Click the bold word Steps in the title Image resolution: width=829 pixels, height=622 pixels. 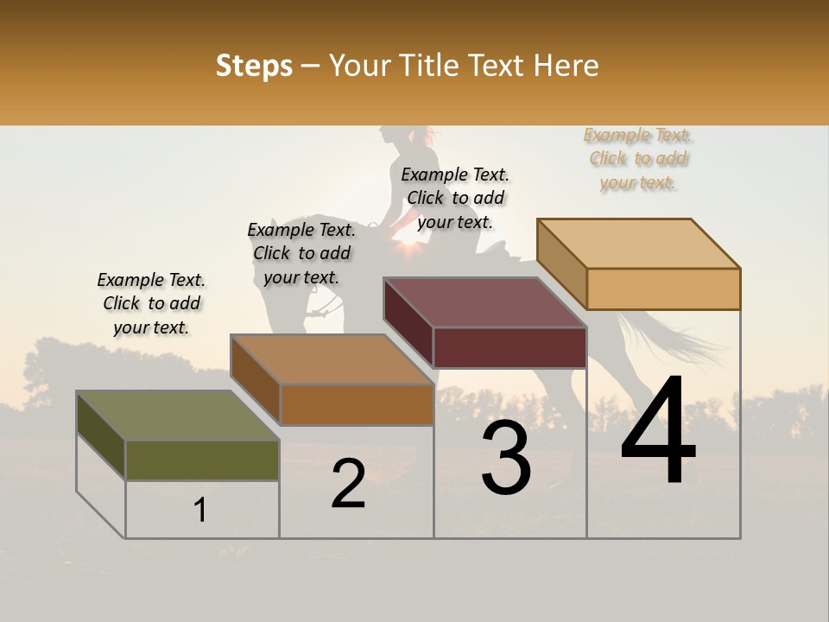click(254, 66)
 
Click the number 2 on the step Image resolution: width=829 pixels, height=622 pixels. click(348, 484)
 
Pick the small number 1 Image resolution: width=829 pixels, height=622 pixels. click(199, 511)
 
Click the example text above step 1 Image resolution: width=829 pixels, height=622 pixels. click(152, 303)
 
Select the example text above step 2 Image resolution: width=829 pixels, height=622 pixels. click(301, 253)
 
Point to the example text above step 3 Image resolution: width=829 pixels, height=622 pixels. click(455, 198)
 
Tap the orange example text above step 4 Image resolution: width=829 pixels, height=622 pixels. click(638, 158)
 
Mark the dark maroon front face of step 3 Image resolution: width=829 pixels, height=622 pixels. click(509, 348)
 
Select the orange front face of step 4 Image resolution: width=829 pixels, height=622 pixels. click(663, 289)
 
